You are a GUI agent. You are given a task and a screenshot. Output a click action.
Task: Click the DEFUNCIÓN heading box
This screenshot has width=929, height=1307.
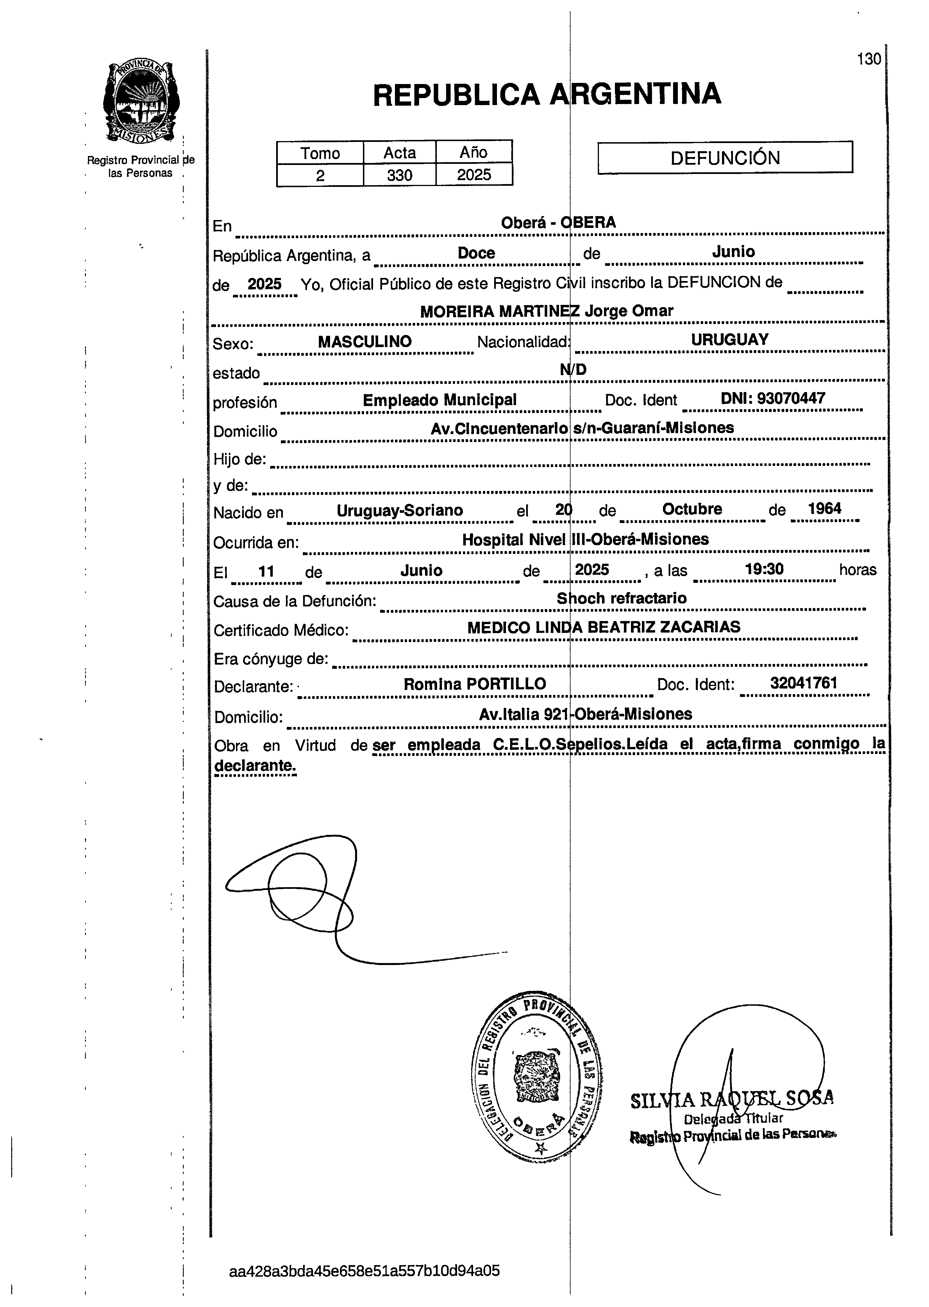coord(725,157)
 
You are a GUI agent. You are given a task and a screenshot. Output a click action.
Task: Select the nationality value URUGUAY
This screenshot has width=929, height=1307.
coord(729,340)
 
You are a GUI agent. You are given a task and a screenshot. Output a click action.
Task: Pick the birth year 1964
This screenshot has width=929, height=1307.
coord(824,509)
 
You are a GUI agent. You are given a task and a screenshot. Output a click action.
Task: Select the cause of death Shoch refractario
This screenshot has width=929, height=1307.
coord(622,599)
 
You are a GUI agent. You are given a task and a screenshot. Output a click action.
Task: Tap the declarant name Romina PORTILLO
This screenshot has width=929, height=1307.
coord(475,684)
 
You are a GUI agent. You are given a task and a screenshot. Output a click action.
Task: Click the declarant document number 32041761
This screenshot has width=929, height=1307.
coord(804,683)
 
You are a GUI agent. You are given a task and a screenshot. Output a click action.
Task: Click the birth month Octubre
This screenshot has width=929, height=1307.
coord(692,509)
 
